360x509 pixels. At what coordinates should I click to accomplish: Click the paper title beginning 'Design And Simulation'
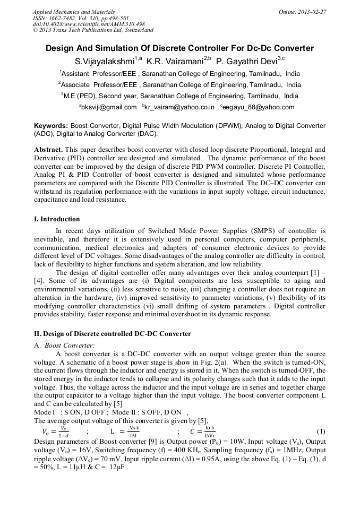point(179,48)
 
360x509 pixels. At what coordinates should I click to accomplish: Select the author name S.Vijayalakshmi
point(105,61)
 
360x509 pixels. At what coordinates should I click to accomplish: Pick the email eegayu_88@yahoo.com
point(259,107)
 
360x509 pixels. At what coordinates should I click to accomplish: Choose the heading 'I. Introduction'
point(57,219)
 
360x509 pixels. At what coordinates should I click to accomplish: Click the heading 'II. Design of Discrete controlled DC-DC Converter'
point(112,334)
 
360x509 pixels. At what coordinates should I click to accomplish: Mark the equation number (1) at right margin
point(321,431)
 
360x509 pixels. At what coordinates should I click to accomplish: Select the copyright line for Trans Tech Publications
point(93,30)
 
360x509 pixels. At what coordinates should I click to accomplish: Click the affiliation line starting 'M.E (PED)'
point(179,96)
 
